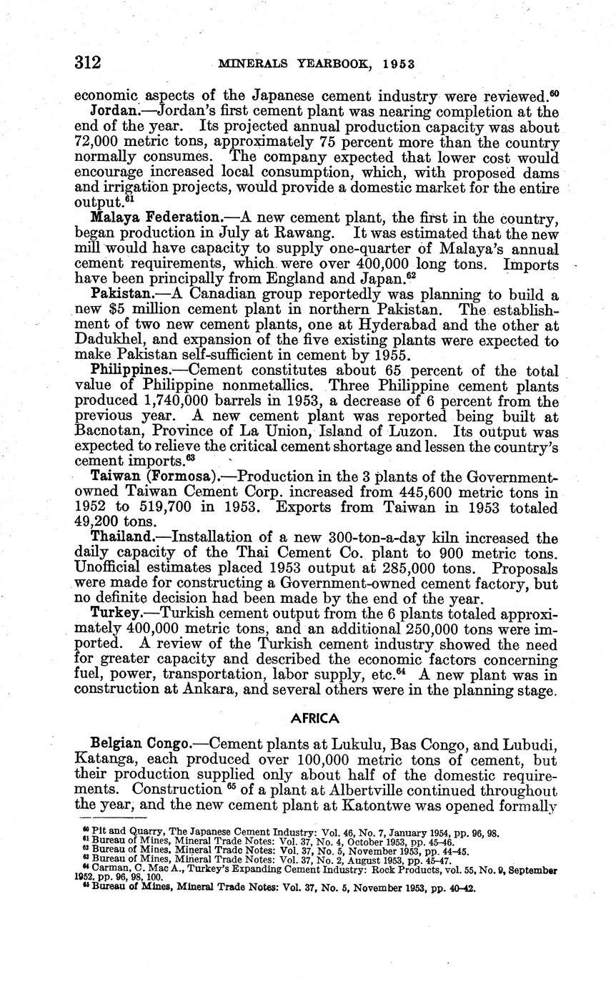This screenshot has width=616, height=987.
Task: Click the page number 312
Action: click(88, 62)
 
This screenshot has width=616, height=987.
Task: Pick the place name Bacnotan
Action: click(109, 433)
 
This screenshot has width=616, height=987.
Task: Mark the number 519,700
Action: click(164, 508)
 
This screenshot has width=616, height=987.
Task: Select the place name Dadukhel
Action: click(109, 340)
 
